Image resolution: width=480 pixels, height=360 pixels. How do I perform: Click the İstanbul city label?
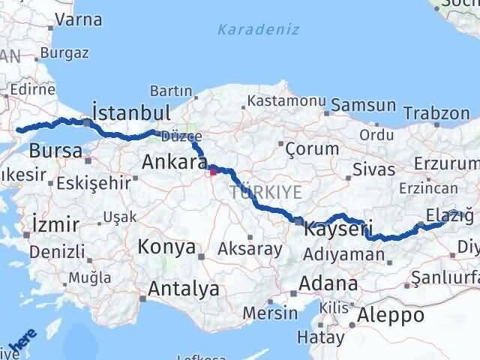[x=130, y=112]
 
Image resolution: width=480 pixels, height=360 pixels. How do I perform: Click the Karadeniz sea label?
[x=259, y=30]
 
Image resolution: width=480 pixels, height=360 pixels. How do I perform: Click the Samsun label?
[x=363, y=106]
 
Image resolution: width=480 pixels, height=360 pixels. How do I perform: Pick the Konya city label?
[x=167, y=246]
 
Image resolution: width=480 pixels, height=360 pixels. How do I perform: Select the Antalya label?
[x=184, y=288]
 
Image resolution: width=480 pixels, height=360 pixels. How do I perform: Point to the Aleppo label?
[x=391, y=315]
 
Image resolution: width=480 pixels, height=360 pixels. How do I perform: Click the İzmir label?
[x=56, y=223]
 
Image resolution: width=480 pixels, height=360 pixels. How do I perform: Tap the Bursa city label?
[x=55, y=151]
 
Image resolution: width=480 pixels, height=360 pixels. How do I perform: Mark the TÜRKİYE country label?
[x=265, y=193]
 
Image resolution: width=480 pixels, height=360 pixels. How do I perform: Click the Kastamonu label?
[x=286, y=100]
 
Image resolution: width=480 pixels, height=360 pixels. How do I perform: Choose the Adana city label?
[x=328, y=284]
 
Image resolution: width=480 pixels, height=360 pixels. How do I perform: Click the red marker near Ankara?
[x=213, y=172]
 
